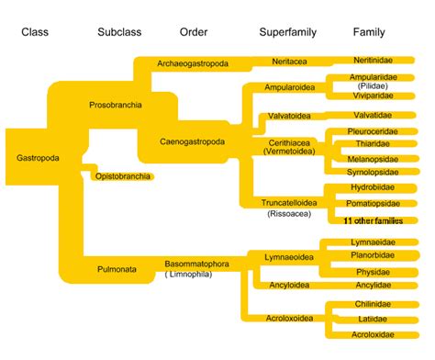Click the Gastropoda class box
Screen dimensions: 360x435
38,158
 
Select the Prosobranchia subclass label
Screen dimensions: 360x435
115,106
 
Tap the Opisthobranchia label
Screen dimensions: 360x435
124,175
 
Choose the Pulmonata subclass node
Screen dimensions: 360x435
117,269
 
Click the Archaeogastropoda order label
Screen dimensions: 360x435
192,63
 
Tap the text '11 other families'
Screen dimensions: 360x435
373,221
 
